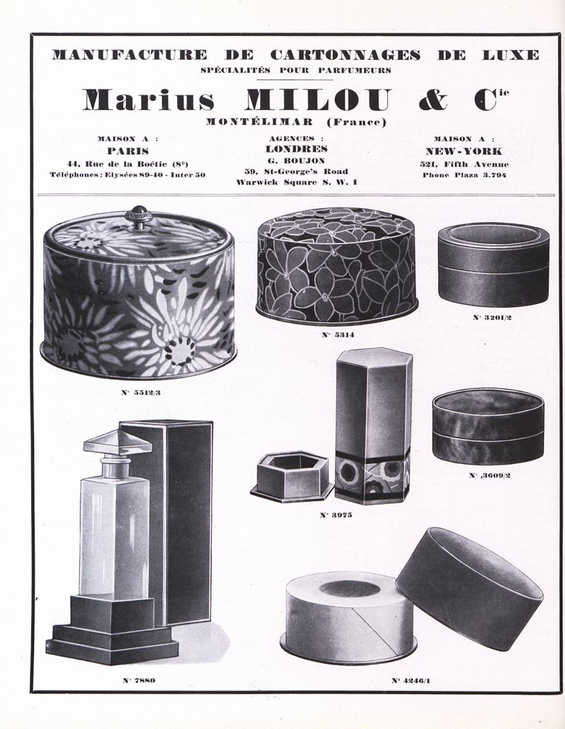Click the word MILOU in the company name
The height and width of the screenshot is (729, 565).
pos(318,100)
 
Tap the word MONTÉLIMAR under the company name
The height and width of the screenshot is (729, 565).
pos(260,122)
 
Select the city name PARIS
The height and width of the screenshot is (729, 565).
pos(128,151)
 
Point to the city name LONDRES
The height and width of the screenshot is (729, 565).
pos(296,149)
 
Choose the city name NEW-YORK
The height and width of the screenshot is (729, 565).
pos(464,151)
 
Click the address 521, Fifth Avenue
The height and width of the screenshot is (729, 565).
pos(464,164)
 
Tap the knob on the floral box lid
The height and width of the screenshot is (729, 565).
pos(138,218)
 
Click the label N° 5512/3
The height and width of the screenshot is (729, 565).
pos(141,392)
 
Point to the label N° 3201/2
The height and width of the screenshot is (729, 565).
pos(492,318)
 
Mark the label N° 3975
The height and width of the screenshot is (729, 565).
pos(336,515)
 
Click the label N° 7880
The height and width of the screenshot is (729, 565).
pos(139,680)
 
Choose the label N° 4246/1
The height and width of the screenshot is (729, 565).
pos(411,681)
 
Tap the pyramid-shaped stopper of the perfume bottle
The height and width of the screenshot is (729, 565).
pos(117,442)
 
